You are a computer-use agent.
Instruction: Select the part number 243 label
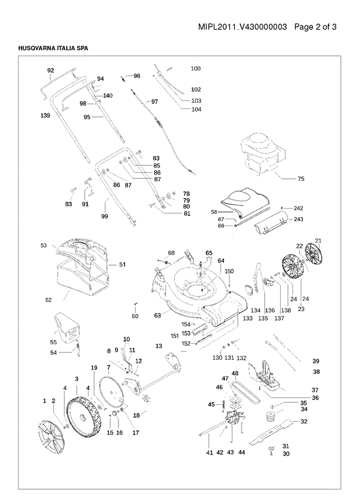[x=299, y=219]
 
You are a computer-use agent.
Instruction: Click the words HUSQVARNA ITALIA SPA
[x=53, y=48]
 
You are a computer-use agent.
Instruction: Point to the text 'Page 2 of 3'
[x=315, y=27]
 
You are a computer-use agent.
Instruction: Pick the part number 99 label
[x=105, y=216]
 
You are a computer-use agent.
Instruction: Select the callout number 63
[x=157, y=315]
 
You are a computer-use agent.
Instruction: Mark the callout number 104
[x=196, y=110]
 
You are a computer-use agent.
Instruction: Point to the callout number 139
[x=45, y=115]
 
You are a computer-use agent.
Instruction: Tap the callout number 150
[x=229, y=271]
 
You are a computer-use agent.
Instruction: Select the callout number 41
[x=209, y=453]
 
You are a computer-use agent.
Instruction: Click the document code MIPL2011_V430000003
[x=242, y=27]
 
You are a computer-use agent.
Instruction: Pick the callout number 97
[x=155, y=102]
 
